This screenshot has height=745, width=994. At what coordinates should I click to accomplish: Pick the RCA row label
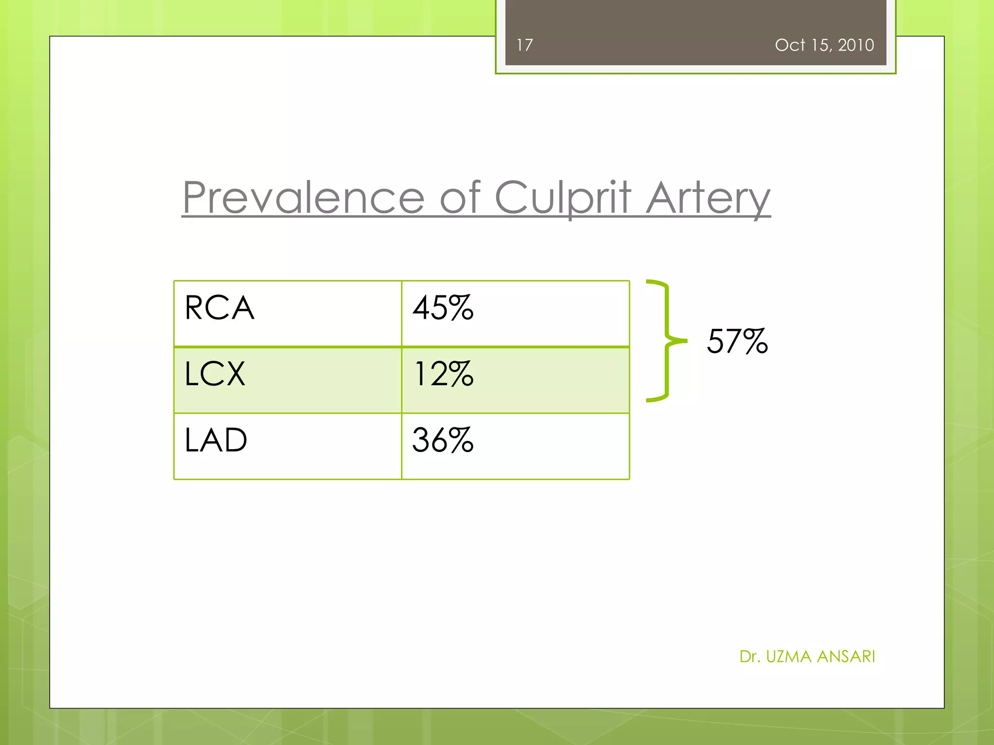coord(219,308)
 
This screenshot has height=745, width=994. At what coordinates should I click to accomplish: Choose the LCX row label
coord(215,374)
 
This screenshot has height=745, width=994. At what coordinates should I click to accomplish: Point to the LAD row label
coord(216,440)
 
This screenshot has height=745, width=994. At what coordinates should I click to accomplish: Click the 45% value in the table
coord(443,308)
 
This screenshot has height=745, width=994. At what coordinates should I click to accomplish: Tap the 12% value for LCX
coord(443,374)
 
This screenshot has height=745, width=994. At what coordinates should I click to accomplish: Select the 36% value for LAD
coord(443,440)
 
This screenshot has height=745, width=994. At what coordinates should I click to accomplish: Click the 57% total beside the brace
coord(737,341)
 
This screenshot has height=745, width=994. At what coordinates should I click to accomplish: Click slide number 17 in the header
coord(525,45)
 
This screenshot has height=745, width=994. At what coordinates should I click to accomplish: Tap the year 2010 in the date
coord(856,45)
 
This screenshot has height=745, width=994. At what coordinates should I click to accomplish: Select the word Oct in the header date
coord(790,45)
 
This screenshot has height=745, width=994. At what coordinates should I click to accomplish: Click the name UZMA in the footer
coord(789,657)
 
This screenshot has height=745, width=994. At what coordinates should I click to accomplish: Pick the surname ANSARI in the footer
coord(846,657)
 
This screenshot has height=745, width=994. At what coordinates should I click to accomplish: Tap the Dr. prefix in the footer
coord(750,657)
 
